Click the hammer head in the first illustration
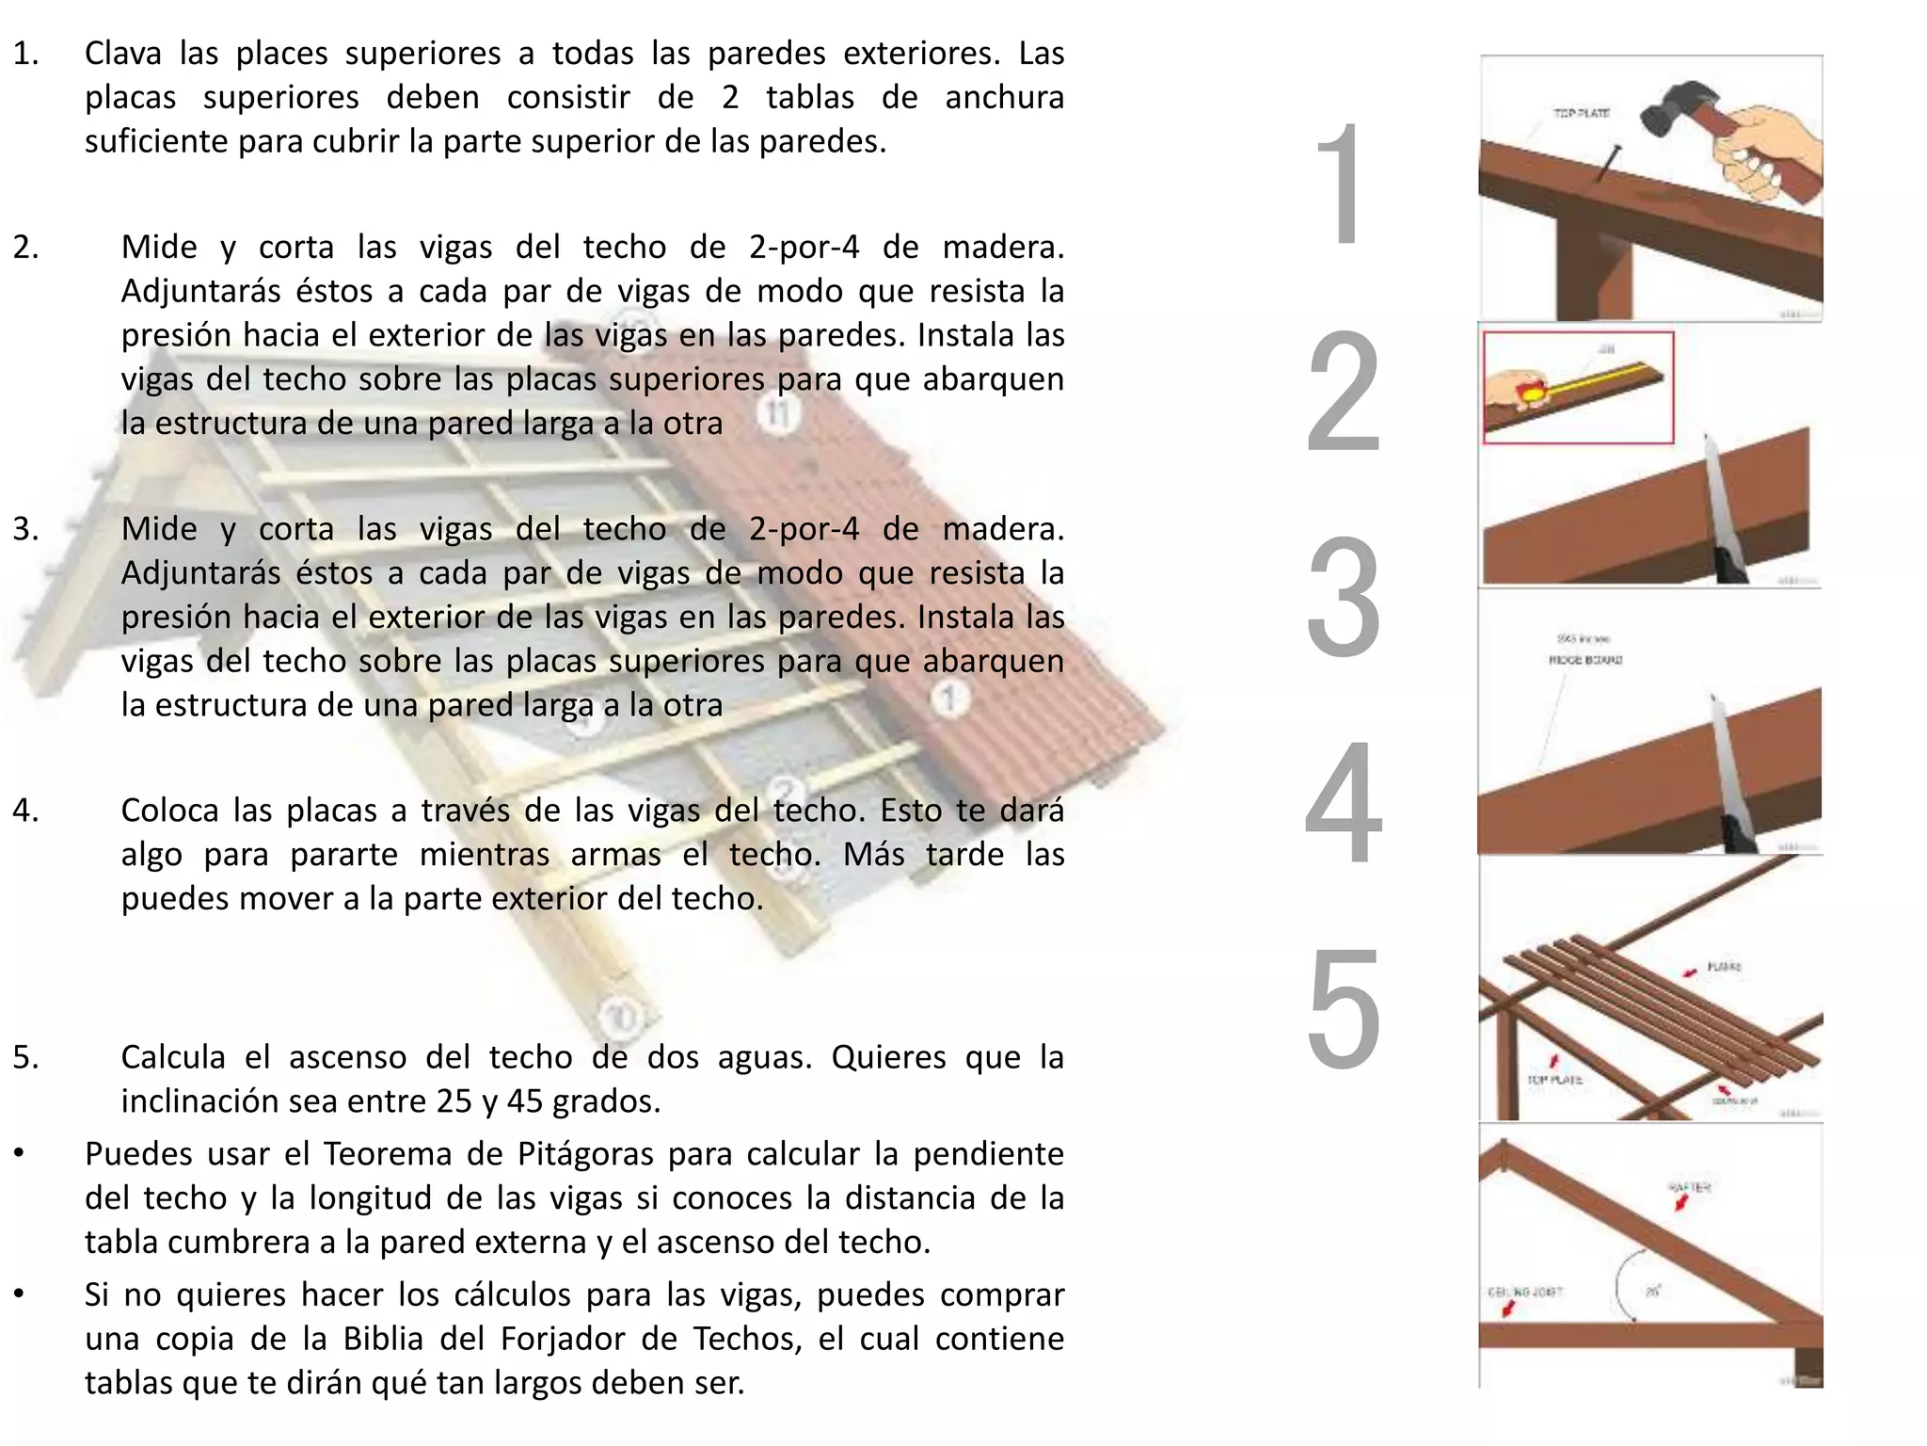[1671, 111]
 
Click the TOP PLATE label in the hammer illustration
[1581, 113]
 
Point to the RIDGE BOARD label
[1585, 660]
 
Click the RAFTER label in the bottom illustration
[1689, 1187]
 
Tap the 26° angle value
[1652, 1292]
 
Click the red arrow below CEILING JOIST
[1508, 1309]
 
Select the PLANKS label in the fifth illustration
[1724, 967]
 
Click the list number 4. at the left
[25, 811]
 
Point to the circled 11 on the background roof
[777, 413]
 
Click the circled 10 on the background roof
[622, 1018]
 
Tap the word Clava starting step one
[123, 54]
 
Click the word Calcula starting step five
[173, 1057]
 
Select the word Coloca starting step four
[169, 811]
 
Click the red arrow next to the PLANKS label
[1691, 972]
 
